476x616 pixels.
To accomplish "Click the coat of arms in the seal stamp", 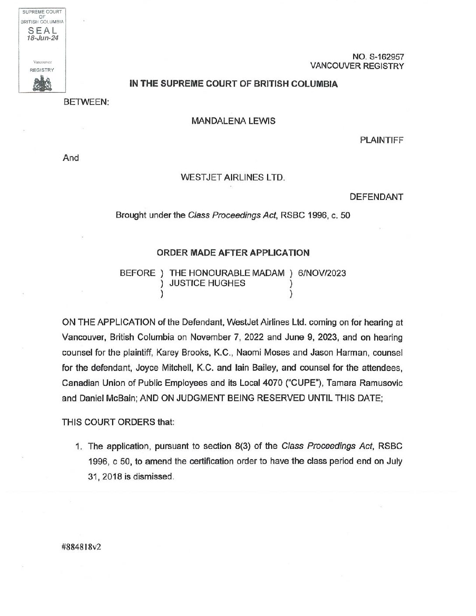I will [42, 83].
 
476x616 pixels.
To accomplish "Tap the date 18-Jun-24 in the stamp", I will [42, 38].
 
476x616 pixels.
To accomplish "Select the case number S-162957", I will [382, 56].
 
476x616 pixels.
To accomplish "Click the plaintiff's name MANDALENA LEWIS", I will [233, 121].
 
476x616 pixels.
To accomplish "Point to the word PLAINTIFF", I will [381, 140].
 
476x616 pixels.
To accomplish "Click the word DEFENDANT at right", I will [376, 197].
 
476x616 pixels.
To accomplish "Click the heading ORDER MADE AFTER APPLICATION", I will [233, 252].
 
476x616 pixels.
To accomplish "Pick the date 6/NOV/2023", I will [322, 273].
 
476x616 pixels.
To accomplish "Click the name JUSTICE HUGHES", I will [207, 283].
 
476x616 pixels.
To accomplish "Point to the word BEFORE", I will [137, 273].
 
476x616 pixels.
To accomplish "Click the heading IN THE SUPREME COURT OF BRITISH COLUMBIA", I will [233, 84].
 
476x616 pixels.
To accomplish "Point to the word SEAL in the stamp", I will [42, 31].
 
